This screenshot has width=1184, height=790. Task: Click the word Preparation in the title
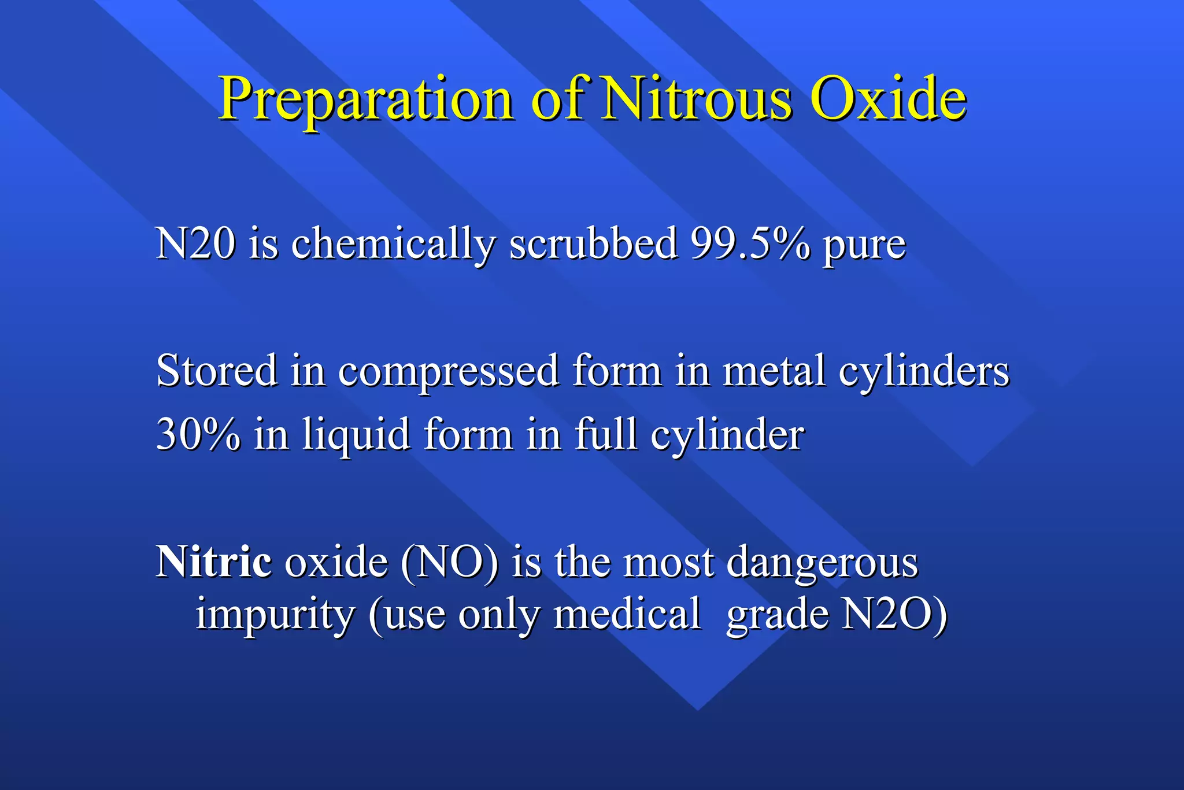[365, 99]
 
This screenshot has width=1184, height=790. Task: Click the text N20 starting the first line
[195, 243]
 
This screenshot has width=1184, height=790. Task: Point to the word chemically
[393, 245]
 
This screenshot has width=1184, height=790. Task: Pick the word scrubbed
[593, 243]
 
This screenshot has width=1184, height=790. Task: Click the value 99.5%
[750, 243]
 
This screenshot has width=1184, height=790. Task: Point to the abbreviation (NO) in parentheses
[449, 562]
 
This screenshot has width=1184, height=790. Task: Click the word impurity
[275, 615]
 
